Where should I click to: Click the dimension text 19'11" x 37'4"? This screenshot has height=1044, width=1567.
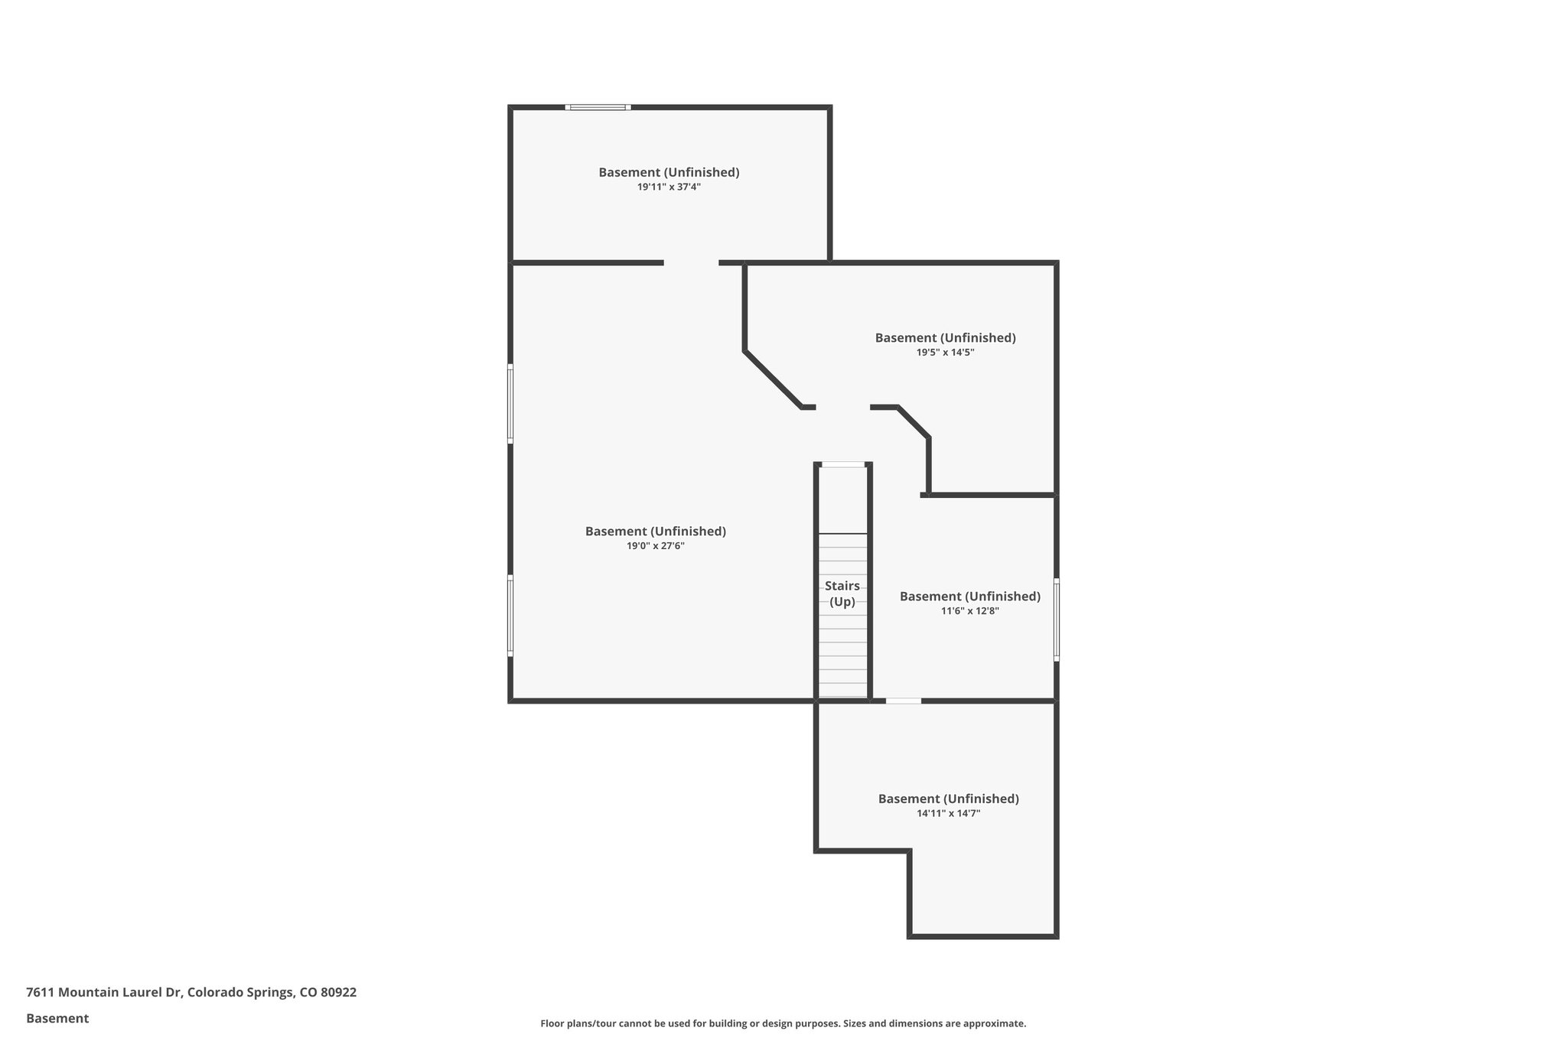(x=669, y=187)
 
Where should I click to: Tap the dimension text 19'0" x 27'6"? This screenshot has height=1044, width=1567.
(x=655, y=546)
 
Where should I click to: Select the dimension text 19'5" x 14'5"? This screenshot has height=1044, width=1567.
(x=945, y=353)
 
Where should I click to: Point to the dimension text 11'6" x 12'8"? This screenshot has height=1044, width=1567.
(x=969, y=611)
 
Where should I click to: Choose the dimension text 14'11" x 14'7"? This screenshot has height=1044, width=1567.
(x=948, y=814)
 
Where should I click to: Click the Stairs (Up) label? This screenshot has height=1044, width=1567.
(x=842, y=594)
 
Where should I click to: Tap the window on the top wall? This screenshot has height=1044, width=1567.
(x=598, y=107)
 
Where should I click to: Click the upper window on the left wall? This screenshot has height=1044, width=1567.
(x=510, y=403)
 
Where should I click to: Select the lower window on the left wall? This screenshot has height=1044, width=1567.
(x=510, y=616)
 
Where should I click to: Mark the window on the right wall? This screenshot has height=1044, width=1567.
(x=1057, y=620)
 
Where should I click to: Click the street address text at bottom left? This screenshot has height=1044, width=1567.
(x=191, y=992)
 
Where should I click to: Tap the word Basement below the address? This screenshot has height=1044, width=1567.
(x=57, y=1018)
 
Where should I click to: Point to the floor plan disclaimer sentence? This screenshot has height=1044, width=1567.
(x=783, y=1023)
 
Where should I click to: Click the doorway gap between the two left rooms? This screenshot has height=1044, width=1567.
(x=691, y=263)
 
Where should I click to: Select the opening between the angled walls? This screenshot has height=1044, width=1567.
(x=842, y=408)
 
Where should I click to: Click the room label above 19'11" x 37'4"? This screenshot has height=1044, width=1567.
(x=669, y=172)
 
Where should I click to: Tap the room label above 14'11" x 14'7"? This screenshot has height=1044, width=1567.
(x=948, y=798)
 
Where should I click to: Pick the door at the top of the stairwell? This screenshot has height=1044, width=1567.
(x=842, y=464)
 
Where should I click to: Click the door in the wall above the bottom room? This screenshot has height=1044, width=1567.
(x=903, y=701)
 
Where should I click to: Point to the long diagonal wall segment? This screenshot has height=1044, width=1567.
(x=772, y=379)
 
